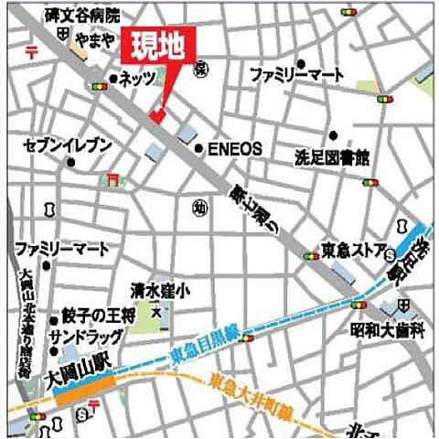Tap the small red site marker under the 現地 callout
(155, 116)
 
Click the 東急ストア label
(352, 248)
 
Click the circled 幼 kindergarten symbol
(199, 209)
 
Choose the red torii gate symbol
(112, 177)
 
